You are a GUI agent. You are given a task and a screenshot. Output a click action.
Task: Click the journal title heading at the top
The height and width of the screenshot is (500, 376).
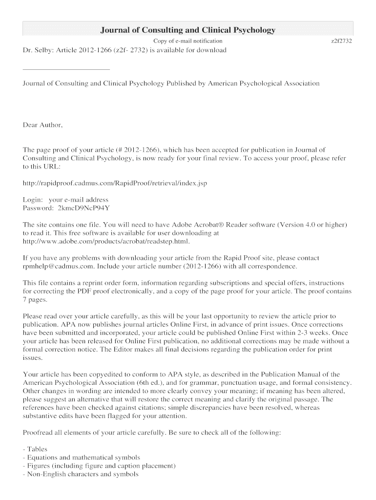tap(188, 30)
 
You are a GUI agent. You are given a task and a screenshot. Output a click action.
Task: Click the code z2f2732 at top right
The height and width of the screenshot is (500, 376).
tap(341, 41)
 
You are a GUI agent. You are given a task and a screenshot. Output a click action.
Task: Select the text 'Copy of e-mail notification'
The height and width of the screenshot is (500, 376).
tap(188, 41)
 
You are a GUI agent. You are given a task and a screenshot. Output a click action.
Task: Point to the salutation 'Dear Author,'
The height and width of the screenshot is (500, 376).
tap(43, 125)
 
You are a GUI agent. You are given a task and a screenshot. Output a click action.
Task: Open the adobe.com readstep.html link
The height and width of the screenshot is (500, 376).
tap(106, 241)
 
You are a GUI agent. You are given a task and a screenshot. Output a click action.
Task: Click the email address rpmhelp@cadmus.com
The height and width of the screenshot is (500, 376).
tap(58, 266)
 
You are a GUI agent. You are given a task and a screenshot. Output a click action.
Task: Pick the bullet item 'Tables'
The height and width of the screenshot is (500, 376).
tap(37, 449)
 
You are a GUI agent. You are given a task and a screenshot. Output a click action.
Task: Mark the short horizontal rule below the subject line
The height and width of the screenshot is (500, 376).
tap(56, 69)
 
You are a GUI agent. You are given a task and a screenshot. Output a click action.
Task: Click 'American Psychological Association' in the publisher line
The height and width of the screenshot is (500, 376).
tap(264, 83)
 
